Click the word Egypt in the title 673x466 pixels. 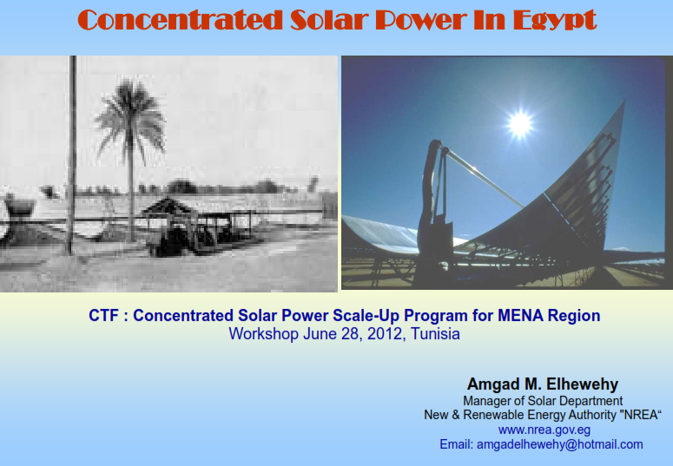point(555,20)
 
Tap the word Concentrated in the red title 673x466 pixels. point(181,19)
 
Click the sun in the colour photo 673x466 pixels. point(520,124)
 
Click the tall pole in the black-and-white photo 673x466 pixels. point(72,155)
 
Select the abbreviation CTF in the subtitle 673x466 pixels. point(104,315)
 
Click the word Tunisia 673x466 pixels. point(435,334)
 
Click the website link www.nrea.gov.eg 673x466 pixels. point(544,430)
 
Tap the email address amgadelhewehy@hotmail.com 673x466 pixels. point(560,444)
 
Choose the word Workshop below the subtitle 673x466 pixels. point(263,334)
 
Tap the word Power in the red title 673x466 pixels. point(421,20)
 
